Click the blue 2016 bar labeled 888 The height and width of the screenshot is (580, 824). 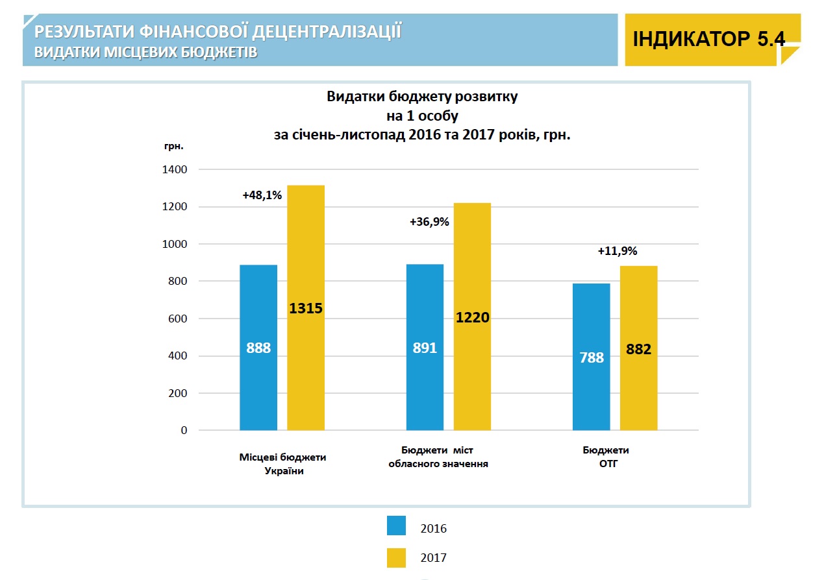258,347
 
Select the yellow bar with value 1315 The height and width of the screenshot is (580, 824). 306,308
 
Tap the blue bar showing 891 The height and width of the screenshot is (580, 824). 425,347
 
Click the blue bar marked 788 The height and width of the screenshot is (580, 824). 592,357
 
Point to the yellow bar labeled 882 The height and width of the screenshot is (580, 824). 638,348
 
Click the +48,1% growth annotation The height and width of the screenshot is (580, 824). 262,195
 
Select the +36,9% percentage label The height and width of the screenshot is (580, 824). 429,222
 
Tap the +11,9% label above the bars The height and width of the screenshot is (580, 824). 618,250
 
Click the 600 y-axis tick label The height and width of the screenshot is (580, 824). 179,319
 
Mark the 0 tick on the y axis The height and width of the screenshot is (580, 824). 184,430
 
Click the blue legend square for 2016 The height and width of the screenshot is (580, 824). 396,526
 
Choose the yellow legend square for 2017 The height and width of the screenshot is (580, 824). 396,557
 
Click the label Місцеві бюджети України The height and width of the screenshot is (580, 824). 283,464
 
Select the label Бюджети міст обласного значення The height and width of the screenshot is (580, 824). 438,457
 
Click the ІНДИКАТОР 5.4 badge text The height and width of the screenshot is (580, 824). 708,39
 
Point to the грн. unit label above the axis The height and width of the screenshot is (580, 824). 174,145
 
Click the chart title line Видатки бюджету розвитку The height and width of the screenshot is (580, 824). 422,97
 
